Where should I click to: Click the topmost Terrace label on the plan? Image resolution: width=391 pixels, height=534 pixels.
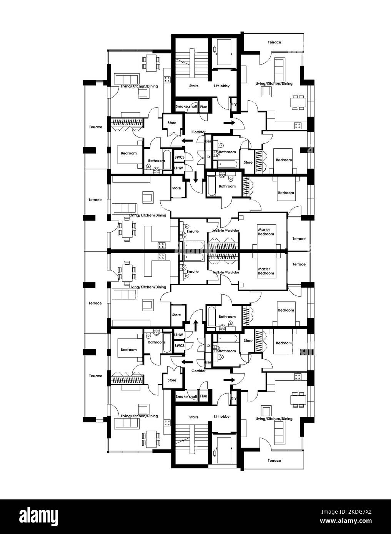tap(274, 42)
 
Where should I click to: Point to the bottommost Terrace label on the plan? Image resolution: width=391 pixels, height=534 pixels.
tap(274, 460)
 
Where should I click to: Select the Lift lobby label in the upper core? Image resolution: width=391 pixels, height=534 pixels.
tap(221, 86)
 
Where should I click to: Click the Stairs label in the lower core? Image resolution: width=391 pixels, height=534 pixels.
tap(194, 417)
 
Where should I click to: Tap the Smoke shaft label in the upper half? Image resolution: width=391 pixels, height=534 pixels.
tap(186, 107)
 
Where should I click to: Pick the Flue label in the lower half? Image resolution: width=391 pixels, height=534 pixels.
tap(203, 396)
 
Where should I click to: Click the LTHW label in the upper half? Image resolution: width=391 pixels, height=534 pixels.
tap(178, 168)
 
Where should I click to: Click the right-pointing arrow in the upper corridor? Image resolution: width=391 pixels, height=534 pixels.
tap(229, 123)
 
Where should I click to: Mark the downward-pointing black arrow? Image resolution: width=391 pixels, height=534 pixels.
tap(195, 177)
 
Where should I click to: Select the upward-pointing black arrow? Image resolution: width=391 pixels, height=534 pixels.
tap(195, 325)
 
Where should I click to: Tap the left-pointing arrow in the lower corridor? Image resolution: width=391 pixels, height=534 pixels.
tap(187, 362)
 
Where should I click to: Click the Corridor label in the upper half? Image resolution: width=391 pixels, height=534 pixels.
tap(198, 132)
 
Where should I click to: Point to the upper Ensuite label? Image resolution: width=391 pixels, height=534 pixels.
tap(193, 231)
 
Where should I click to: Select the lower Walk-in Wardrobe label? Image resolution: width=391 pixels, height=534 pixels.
tap(226, 272)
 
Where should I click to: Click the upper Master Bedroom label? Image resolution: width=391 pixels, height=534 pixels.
tap(266, 232)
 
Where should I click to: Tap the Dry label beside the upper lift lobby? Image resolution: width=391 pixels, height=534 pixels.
tap(233, 104)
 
